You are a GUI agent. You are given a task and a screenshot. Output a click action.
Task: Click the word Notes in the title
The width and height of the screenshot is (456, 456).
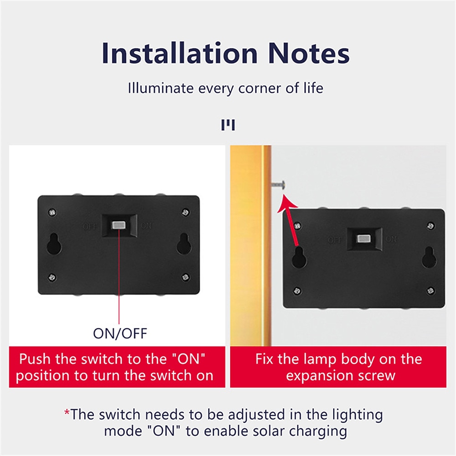(309, 53)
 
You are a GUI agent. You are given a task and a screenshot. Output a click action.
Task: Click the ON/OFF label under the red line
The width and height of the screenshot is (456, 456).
(120, 333)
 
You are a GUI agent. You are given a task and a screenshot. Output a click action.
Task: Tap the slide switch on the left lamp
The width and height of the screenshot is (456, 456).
(118, 225)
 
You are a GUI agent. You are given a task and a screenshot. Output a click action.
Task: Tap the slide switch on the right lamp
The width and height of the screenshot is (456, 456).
(363, 239)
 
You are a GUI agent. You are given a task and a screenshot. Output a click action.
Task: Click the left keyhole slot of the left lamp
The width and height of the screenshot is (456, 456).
(54, 244)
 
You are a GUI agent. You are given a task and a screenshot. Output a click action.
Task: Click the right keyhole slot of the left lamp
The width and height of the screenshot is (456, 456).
(184, 244)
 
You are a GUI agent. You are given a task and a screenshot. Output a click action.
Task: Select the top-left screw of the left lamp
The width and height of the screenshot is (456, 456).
(52, 212)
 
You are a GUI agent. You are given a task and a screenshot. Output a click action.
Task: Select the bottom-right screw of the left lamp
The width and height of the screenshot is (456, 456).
(186, 277)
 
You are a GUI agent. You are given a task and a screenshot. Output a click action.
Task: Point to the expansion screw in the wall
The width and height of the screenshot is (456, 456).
(279, 184)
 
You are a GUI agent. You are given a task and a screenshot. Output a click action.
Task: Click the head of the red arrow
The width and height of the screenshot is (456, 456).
(286, 203)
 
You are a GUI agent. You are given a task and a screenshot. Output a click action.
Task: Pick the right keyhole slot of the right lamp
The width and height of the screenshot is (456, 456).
(429, 257)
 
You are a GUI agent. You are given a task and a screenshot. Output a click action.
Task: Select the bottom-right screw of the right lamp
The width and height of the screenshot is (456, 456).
(431, 290)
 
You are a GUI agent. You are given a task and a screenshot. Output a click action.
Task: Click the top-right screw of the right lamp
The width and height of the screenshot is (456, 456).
(431, 225)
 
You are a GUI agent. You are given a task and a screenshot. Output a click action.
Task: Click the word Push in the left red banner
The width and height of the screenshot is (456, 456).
(35, 359)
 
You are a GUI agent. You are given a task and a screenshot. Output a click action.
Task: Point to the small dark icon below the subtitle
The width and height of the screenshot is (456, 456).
(228, 125)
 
